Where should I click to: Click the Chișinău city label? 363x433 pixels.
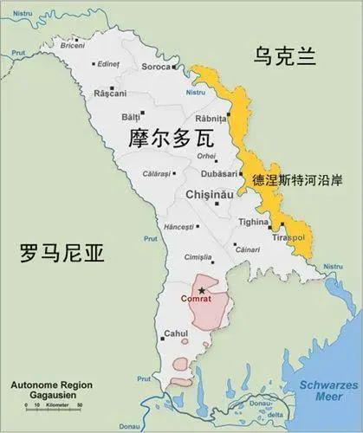point(211,196)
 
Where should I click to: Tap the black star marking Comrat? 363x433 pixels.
point(201,290)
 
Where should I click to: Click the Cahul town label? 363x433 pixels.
point(174,334)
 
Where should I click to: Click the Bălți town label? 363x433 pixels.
point(130,115)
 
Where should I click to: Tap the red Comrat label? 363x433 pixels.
point(195,300)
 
